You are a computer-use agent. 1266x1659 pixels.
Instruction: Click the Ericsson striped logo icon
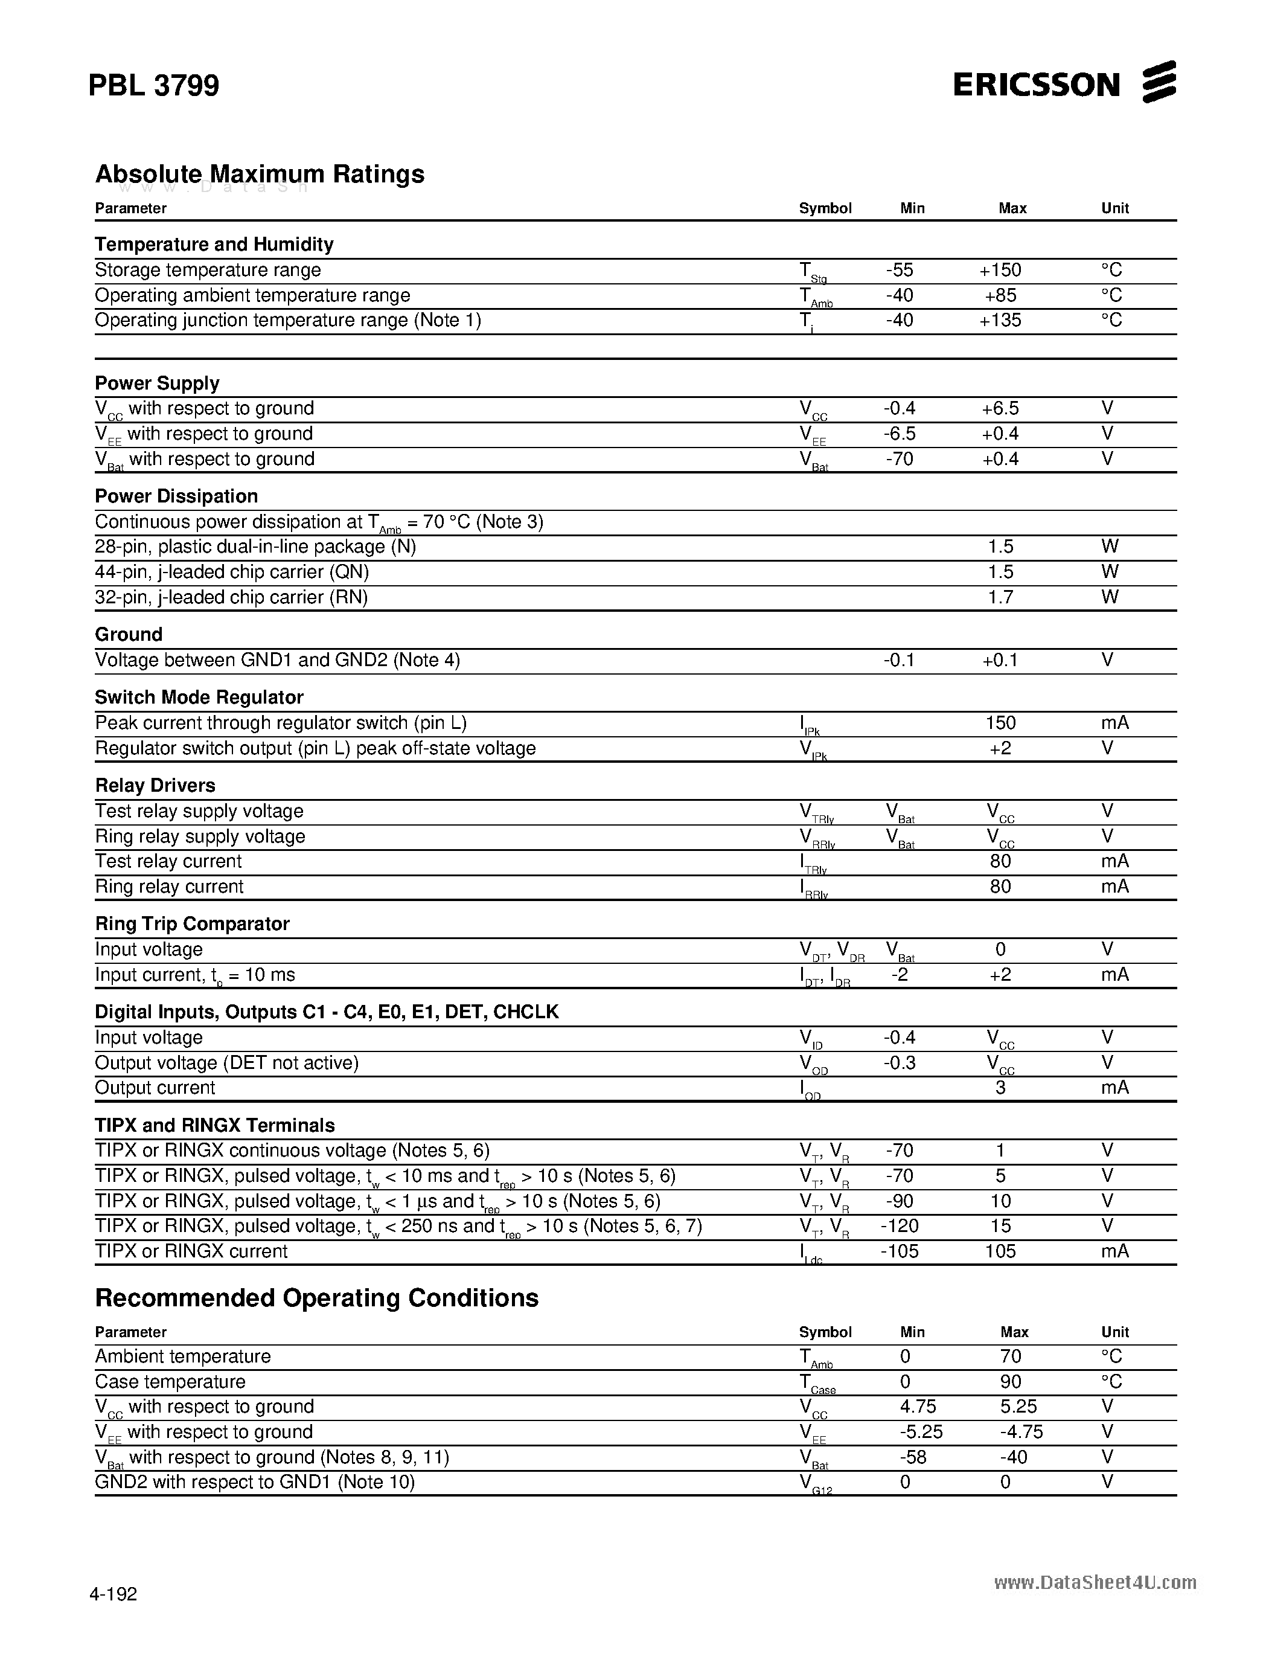(1159, 82)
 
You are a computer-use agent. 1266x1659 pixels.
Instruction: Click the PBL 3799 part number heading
(154, 85)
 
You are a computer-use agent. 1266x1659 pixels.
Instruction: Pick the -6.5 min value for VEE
(899, 434)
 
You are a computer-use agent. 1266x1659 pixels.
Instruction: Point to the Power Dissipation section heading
(176, 496)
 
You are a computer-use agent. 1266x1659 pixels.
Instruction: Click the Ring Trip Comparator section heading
(192, 923)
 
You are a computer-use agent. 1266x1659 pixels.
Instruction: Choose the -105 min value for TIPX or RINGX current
(899, 1251)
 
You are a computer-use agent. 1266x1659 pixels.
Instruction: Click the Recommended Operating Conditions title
(316, 1298)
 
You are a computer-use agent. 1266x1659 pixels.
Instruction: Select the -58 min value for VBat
(913, 1457)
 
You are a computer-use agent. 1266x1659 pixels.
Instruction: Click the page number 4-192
(113, 1594)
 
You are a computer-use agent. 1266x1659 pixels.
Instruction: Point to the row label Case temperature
(170, 1382)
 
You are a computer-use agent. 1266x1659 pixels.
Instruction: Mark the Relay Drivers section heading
(155, 785)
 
